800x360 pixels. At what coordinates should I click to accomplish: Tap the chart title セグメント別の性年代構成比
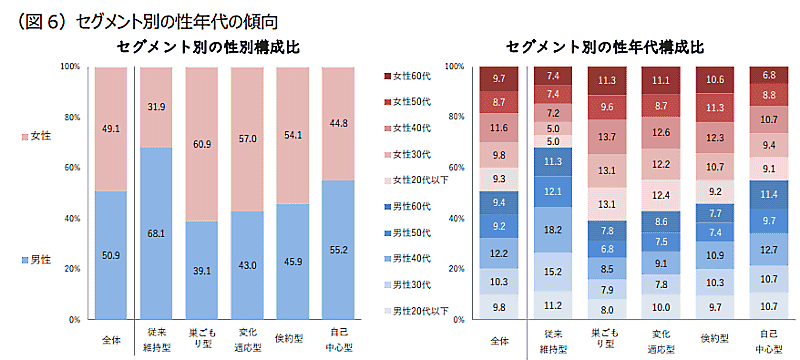click(x=605, y=47)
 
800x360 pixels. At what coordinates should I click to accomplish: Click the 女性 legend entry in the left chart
click(x=40, y=134)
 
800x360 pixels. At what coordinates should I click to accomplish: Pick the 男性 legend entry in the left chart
click(x=40, y=260)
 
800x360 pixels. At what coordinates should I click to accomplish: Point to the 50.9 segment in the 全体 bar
click(x=110, y=255)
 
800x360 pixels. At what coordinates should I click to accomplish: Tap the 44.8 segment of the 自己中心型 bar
click(x=339, y=123)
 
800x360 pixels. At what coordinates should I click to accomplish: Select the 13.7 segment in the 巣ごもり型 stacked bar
click(x=606, y=136)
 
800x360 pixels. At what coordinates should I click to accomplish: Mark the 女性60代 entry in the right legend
click(x=410, y=77)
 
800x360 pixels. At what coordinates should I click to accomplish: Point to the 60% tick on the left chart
click(x=70, y=168)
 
